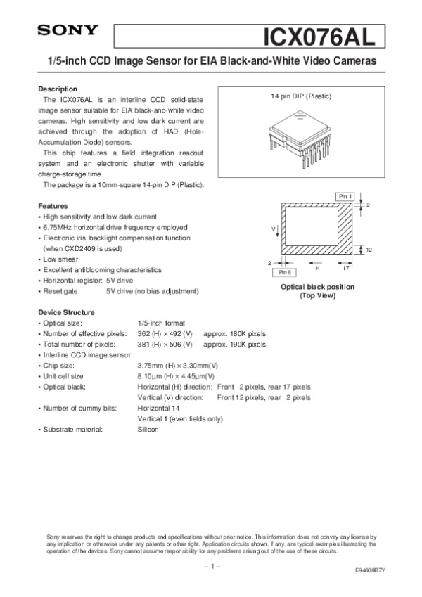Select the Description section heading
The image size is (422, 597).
pyautogui.click(x=58, y=89)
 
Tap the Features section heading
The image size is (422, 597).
pyautogui.click(x=53, y=206)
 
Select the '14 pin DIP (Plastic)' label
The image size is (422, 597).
pyautogui.click(x=300, y=96)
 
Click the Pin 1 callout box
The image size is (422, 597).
pyautogui.click(x=344, y=196)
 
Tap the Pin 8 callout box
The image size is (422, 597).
pyautogui.click(x=285, y=271)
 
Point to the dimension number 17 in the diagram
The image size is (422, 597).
pyautogui.click(x=345, y=267)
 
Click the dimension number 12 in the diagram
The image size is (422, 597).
pyautogui.click(x=369, y=250)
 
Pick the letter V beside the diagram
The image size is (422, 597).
pyautogui.click(x=273, y=230)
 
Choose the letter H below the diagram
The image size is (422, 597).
pyautogui.click(x=317, y=268)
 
